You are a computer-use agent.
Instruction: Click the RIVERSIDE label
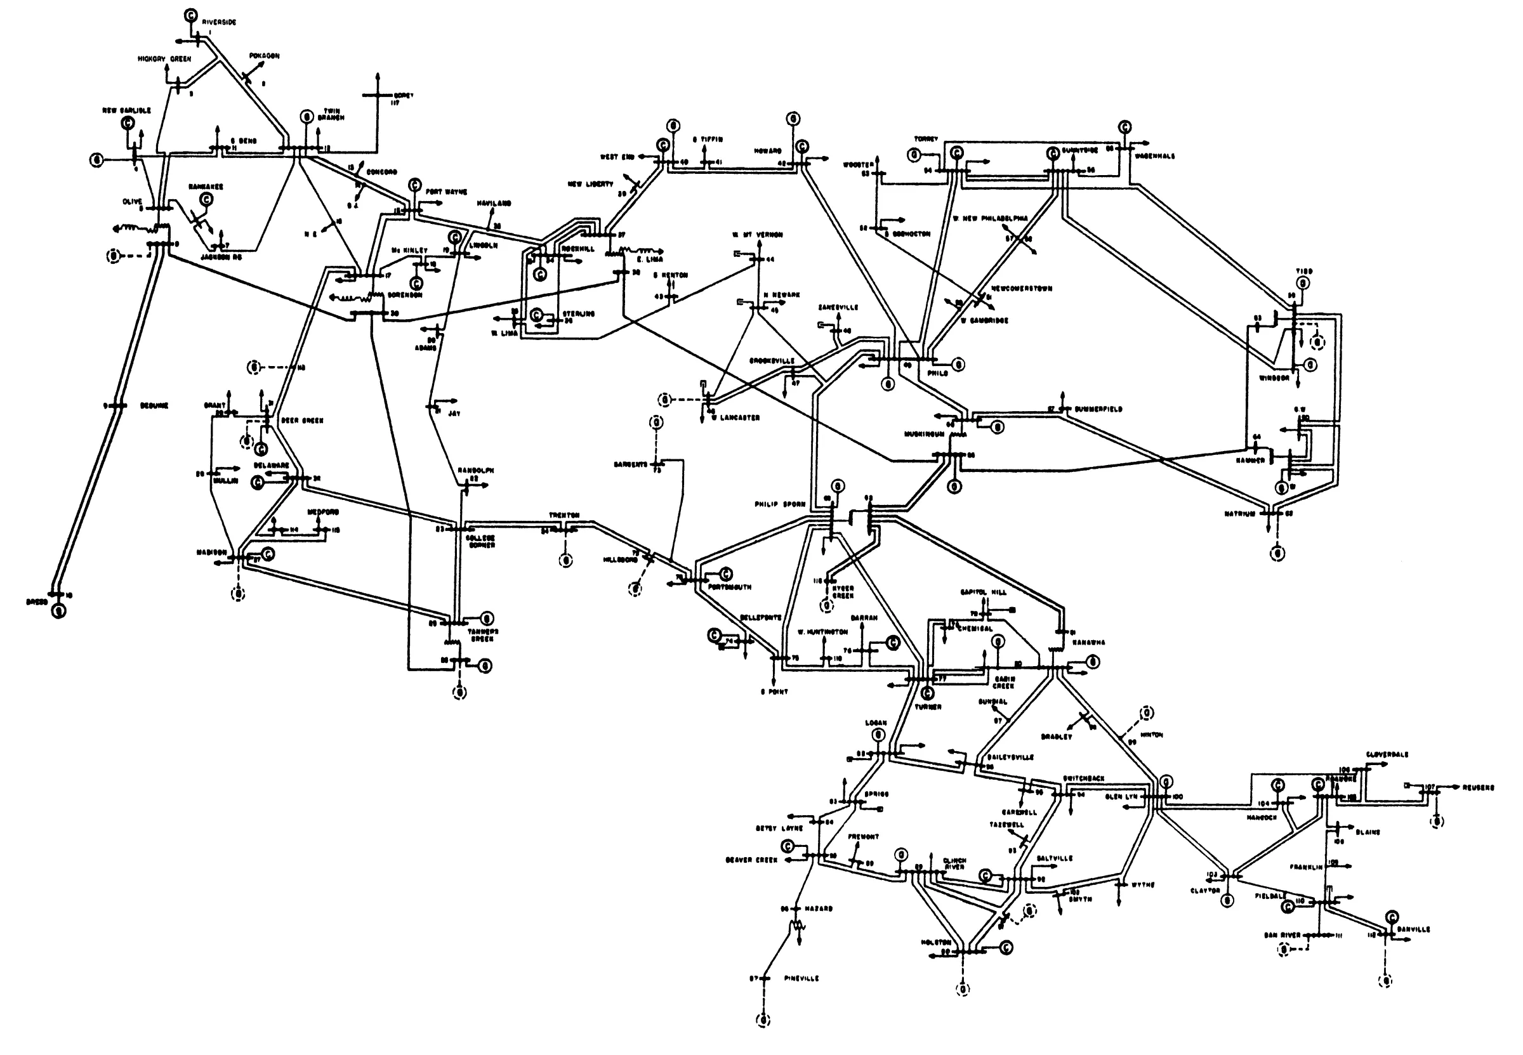(x=219, y=22)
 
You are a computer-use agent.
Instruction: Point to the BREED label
(x=36, y=602)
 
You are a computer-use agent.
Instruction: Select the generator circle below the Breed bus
(x=59, y=613)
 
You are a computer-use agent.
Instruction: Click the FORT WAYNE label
(x=446, y=192)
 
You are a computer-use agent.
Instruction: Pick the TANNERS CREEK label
(x=484, y=635)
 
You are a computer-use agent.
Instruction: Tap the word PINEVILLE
(x=801, y=978)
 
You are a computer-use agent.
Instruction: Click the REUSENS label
(x=1478, y=788)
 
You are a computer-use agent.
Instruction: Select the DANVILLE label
(x=1414, y=929)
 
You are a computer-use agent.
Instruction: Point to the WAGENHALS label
(x=1155, y=157)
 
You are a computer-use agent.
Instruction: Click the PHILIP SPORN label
(x=780, y=504)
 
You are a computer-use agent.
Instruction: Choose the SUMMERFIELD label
(x=1098, y=409)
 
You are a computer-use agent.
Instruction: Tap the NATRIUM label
(x=1239, y=514)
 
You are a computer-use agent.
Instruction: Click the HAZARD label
(x=819, y=909)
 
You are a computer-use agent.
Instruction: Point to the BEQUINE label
(x=154, y=406)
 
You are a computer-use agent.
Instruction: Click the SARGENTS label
(x=630, y=465)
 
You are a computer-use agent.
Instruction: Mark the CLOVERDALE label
(x=1387, y=754)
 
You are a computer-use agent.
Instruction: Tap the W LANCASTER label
(x=735, y=418)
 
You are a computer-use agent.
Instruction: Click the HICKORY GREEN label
(x=164, y=59)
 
